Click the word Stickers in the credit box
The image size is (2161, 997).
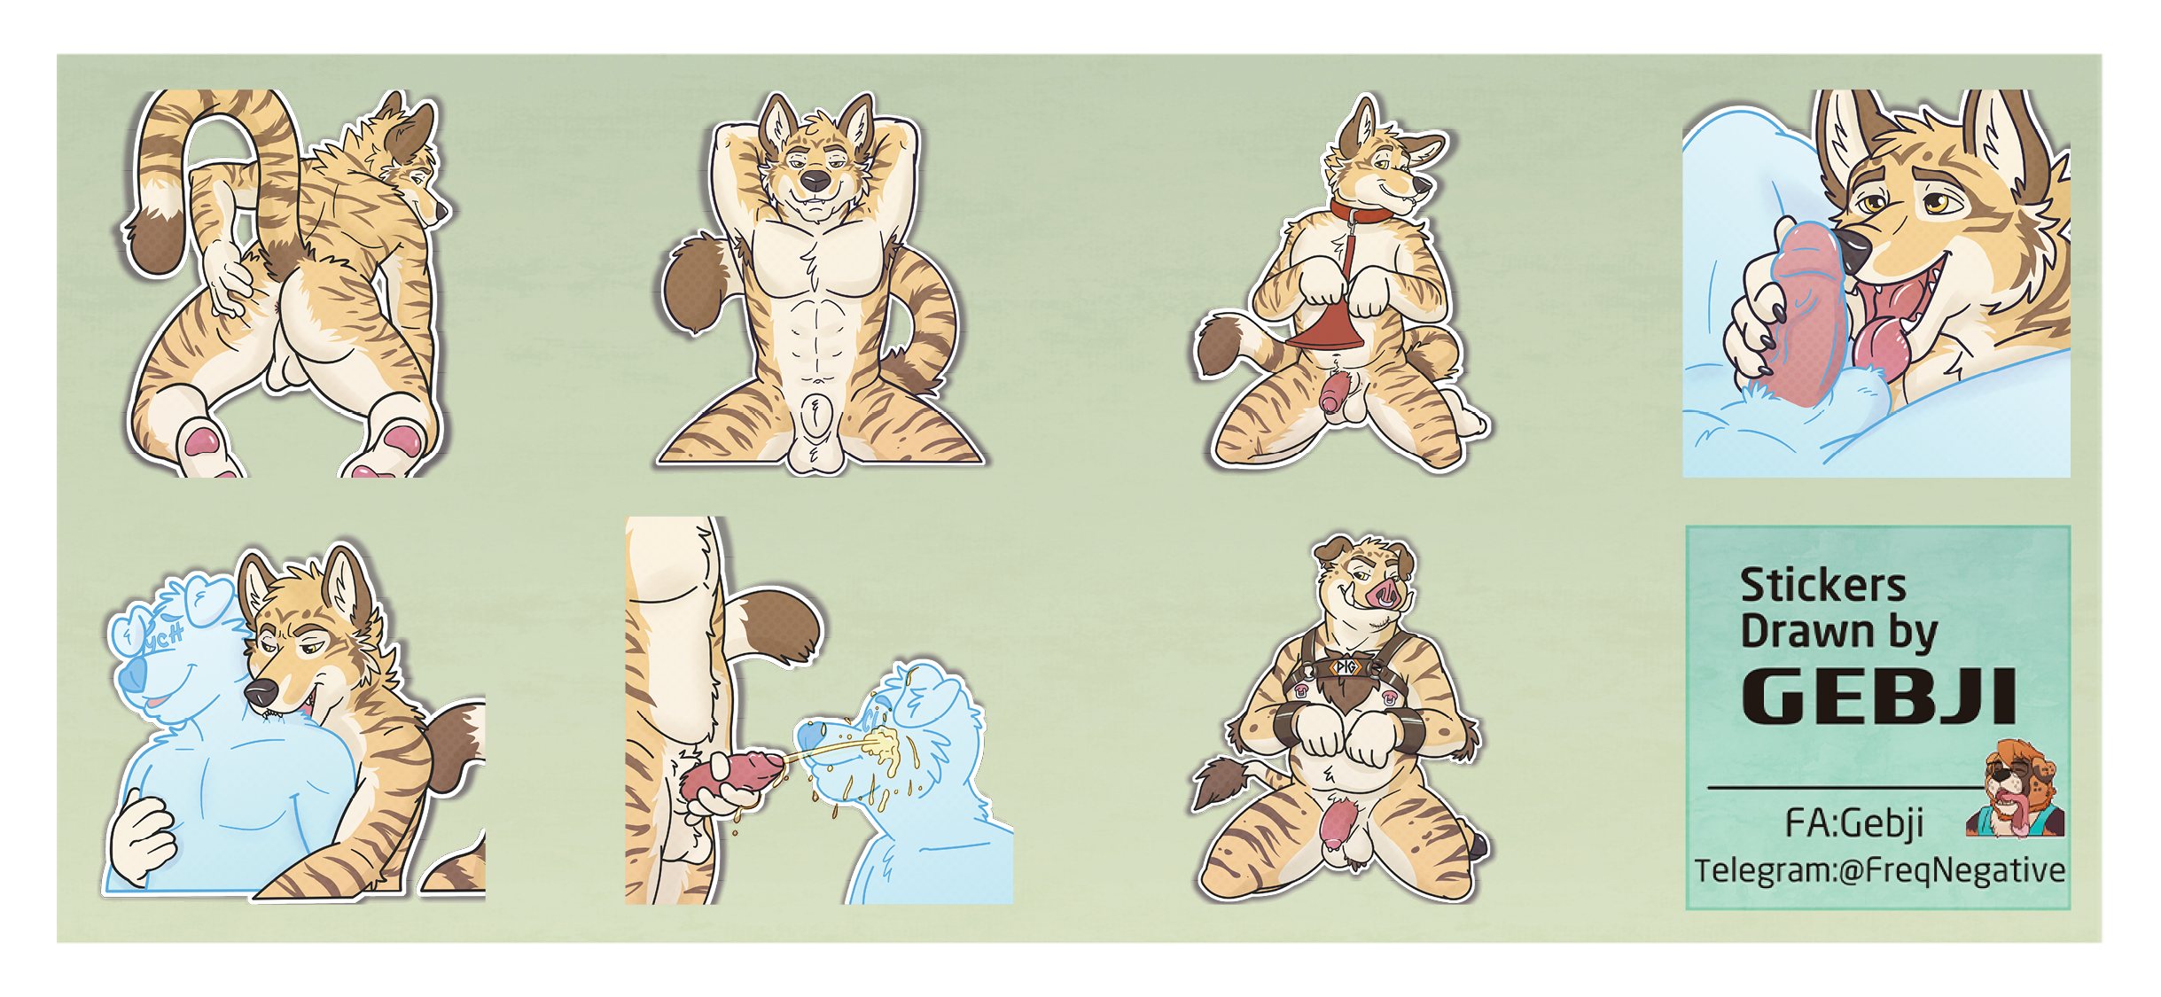(x=1822, y=586)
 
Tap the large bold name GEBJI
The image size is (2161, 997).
(x=1879, y=697)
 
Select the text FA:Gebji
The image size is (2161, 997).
(x=1854, y=823)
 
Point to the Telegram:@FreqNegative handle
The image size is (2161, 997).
(x=1880, y=870)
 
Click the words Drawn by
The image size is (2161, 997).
(x=1839, y=633)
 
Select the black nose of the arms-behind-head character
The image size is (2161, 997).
(x=815, y=180)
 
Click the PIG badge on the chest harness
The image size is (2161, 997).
(x=1346, y=666)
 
